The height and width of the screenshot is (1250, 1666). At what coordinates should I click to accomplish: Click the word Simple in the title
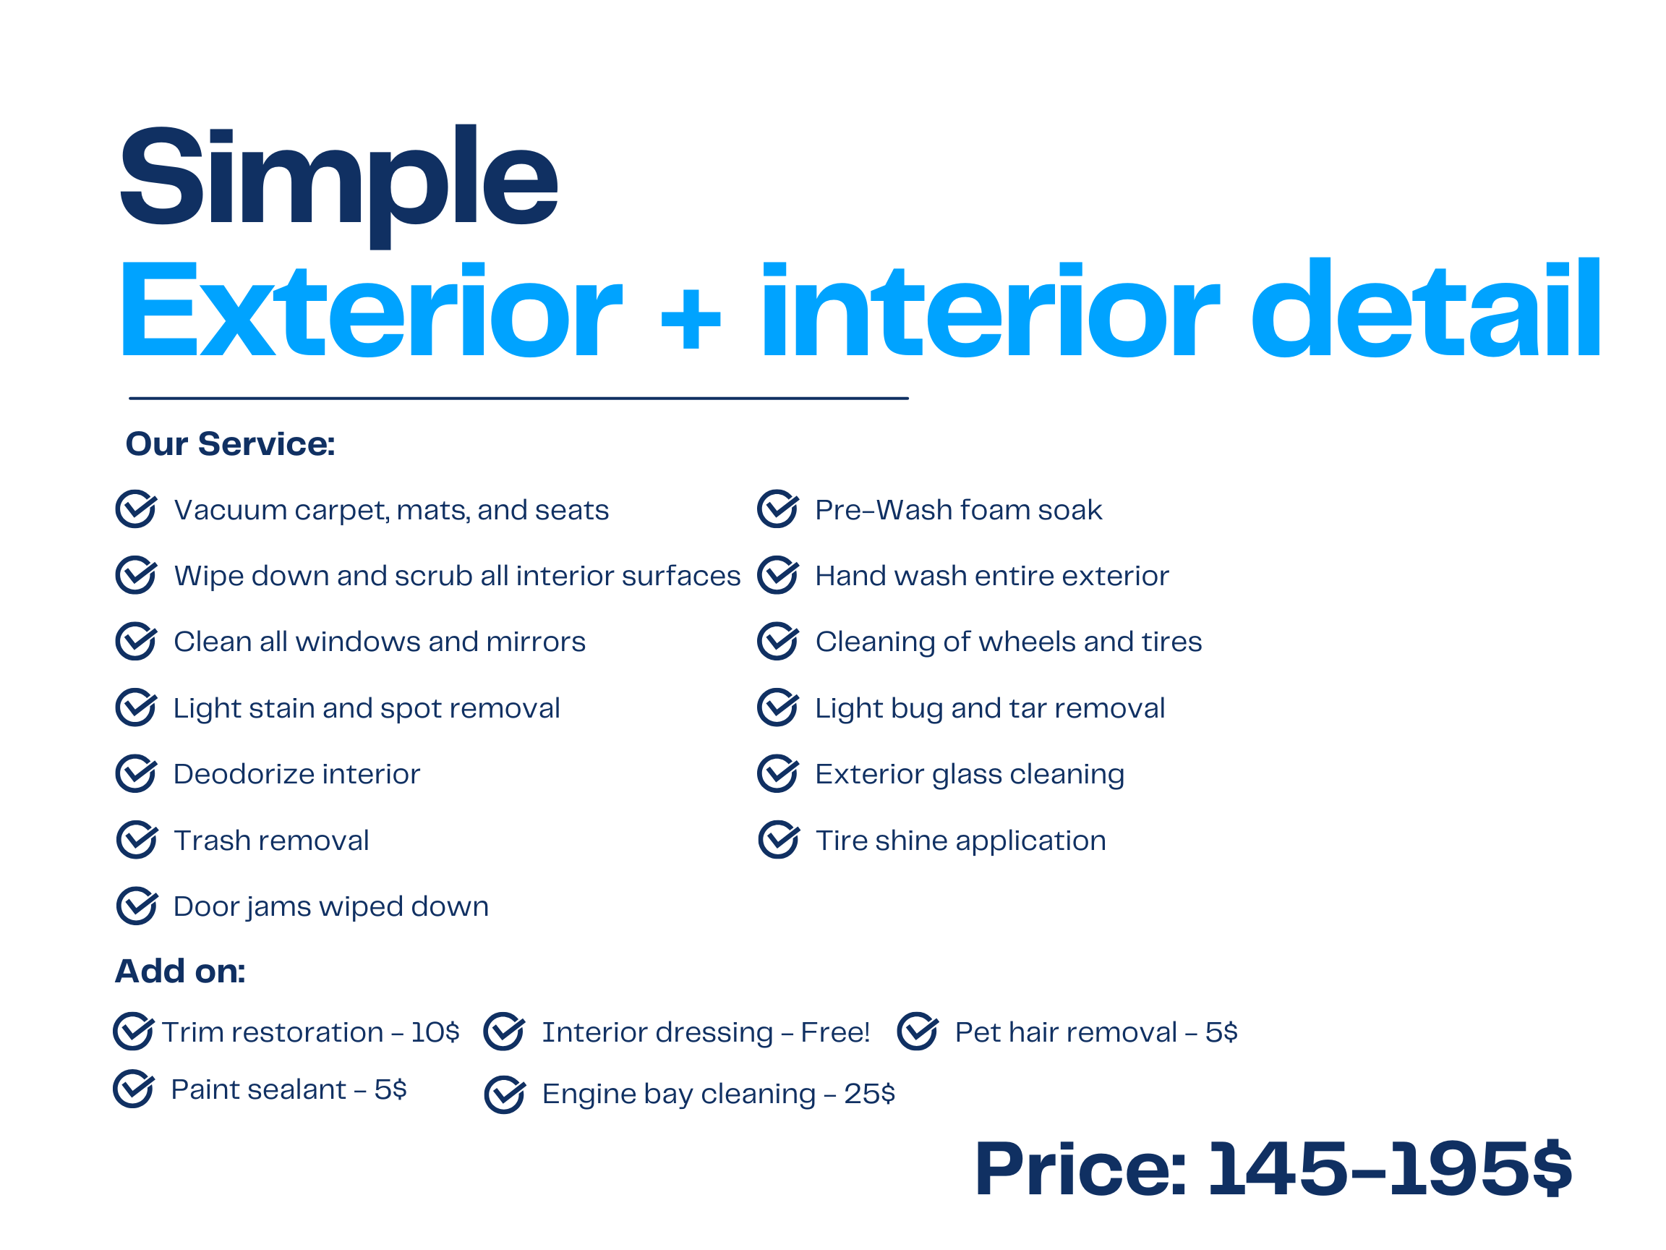(338, 184)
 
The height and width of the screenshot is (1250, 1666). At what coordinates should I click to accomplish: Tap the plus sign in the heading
(691, 319)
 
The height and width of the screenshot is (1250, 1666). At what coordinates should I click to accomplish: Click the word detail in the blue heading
(1426, 307)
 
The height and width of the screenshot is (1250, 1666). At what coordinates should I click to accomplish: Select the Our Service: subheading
(231, 443)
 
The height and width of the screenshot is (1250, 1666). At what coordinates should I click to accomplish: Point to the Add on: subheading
(180, 971)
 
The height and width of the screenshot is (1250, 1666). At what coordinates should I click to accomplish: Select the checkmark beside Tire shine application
(779, 839)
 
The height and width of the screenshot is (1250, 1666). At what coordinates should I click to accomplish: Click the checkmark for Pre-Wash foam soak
(778, 509)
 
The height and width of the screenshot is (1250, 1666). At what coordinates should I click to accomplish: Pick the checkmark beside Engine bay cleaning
(505, 1094)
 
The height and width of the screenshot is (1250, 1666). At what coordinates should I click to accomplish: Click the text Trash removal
(271, 840)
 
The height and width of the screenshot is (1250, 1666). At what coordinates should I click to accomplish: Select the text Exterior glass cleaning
(970, 775)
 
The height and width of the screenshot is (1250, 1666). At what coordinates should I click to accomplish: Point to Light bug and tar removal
(991, 708)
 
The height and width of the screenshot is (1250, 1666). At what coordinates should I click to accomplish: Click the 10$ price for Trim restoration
(435, 1032)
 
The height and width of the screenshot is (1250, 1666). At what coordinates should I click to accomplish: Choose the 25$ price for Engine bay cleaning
(870, 1093)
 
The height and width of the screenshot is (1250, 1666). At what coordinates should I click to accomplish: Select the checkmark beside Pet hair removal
(918, 1032)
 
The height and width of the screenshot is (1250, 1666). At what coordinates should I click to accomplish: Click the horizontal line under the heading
(519, 398)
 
